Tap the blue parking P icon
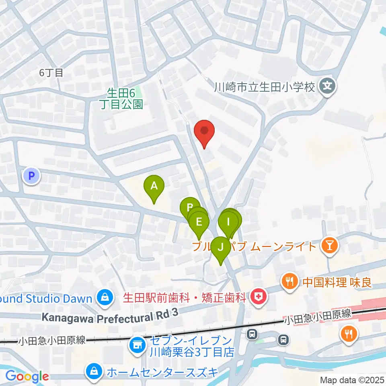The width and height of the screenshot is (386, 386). tap(32, 176)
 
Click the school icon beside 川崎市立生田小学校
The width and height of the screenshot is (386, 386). tap(328, 86)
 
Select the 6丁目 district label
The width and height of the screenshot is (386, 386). tap(51, 73)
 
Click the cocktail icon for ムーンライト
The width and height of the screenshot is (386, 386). tap(330, 245)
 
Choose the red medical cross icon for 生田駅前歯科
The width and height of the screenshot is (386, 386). tap(257, 298)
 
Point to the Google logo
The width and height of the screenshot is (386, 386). tap(27, 376)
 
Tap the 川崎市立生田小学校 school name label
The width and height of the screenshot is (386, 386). tap(264, 86)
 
